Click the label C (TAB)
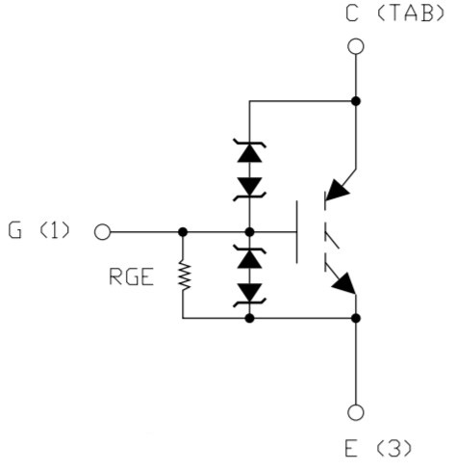tap(395, 14)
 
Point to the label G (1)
tap(38, 230)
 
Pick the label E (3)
tap(378, 449)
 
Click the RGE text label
tap(131, 277)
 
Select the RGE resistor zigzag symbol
tap(184, 276)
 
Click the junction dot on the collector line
tap(356, 101)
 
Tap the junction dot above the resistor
tap(183, 232)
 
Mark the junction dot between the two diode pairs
tap(249, 232)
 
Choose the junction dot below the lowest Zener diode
tap(249, 318)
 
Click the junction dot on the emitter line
tap(356, 318)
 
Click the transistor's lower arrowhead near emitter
tap(344, 283)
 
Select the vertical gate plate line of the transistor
tap(296, 232)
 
